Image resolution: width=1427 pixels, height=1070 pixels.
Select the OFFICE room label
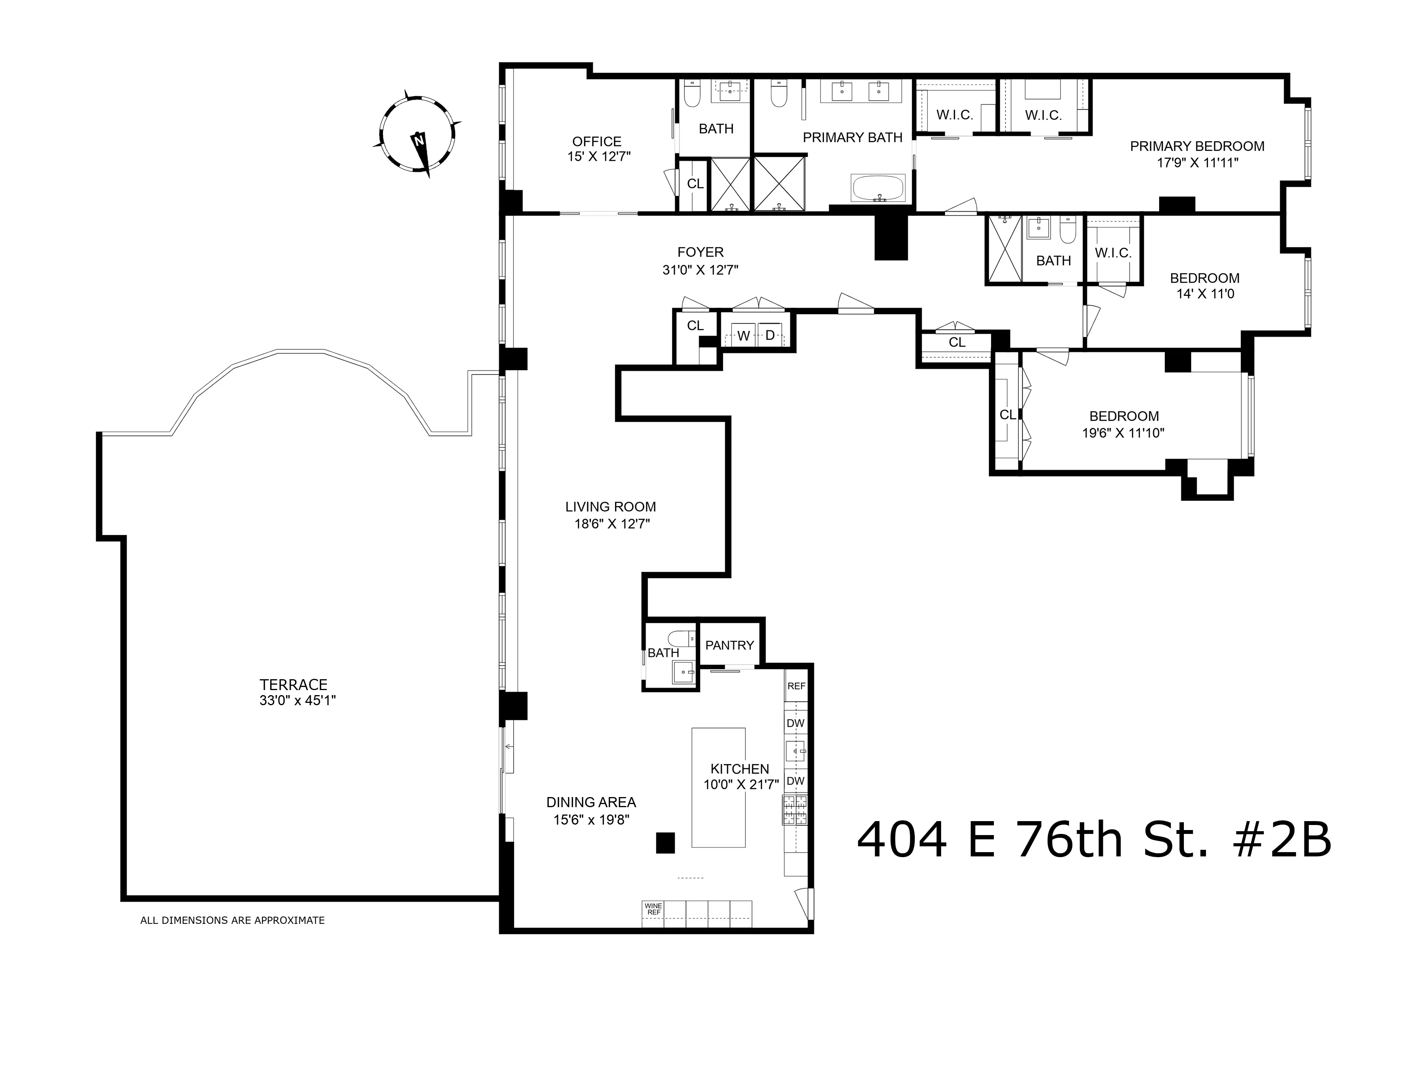tap(597, 141)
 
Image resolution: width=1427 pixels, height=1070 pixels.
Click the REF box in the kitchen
tap(796, 686)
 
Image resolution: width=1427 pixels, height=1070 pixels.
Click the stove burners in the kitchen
tap(795, 810)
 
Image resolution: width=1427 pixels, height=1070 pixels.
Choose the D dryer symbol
tap(770, 335)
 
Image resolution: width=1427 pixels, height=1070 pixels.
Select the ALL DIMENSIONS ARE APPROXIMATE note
tap(232, 920)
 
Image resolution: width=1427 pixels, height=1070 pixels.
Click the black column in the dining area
tap(665, 843)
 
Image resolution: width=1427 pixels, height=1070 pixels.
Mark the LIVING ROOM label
tap(610, 507)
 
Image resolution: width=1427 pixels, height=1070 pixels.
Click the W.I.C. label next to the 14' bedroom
tap(1113, 254)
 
